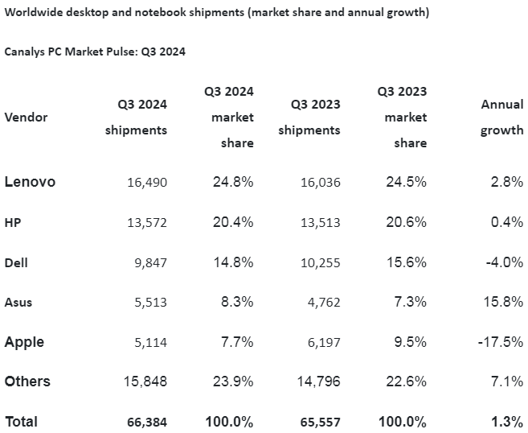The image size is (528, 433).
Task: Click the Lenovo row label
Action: click(30, 182)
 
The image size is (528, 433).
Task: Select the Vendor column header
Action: click(26, 117)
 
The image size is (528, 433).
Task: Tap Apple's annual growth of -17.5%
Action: click(502, 342)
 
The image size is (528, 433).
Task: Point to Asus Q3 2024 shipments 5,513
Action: click(147, 303)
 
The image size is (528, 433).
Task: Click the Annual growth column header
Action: click(501, 117)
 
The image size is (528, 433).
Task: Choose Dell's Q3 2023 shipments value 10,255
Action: click(320, 262)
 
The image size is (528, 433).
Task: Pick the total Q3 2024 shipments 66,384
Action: click(146, 422)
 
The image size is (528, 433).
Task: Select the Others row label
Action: click(27, 381)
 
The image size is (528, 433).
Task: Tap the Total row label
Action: click(21, 421)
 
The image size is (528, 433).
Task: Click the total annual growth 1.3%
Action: click(508, 421)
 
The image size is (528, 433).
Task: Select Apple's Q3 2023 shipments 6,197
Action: click(323, 342)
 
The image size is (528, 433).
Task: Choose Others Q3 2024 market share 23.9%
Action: click(232, 381)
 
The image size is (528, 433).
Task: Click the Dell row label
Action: click(17, 262)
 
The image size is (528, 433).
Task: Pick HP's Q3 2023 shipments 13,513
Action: click(320, 222)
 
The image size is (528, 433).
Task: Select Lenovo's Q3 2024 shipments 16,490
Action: click(146, 183)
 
